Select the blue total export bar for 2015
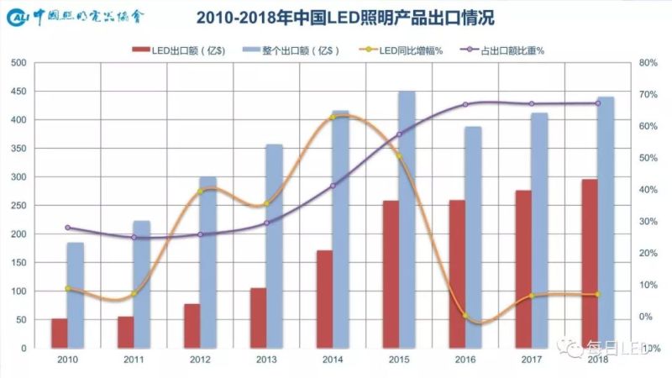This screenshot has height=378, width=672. point(407,219)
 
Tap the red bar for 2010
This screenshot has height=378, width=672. point(59,333)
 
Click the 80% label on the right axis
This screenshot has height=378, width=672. point(648,63)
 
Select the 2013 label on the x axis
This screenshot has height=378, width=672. point(265,359)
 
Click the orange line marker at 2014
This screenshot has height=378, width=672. point(333,117)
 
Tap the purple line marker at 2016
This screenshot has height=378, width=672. point(465,104)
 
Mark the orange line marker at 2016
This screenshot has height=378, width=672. point(465,316)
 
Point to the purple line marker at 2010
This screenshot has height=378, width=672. point(67,228)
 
